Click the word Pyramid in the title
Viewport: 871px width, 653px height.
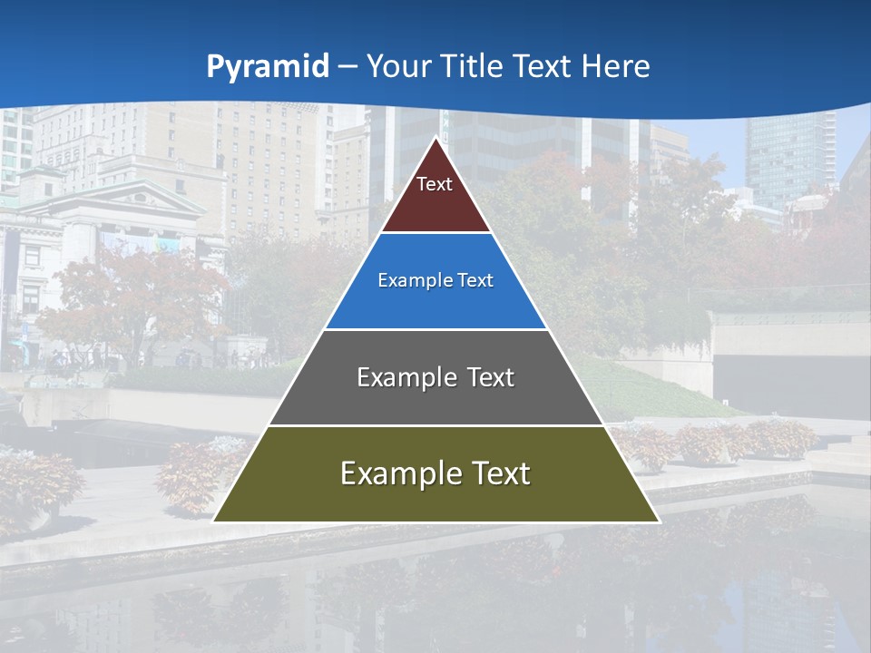click(x=268, y=67)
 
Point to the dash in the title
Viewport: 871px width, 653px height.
click(x=347, y=67)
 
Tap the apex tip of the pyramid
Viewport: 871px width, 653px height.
click(x=436, y=139)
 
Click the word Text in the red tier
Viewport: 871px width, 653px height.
click(x=435, y=184)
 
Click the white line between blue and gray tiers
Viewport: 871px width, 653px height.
click(x=435, y=329)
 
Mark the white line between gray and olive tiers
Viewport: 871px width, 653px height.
click(x=435, y=425)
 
